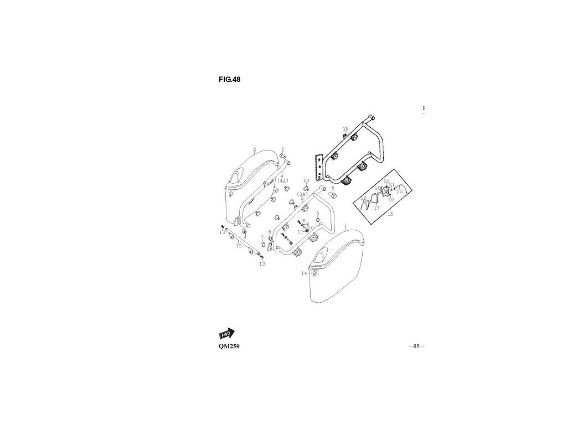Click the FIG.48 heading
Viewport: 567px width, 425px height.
229,79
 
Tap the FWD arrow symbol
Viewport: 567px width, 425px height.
226,334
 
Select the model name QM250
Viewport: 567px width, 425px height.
229,346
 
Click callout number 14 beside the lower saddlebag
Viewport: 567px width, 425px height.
304,273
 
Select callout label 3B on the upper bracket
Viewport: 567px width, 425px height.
345,129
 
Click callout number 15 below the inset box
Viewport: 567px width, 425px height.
390,214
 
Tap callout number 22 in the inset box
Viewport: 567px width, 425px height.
399,191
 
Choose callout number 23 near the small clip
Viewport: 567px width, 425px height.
306,180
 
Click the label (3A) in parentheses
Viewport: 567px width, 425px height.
302,194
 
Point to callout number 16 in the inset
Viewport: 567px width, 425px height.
363,198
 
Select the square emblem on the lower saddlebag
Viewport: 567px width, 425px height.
315,273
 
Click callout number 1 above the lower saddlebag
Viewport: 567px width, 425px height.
345,226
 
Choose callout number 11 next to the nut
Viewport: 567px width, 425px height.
300,231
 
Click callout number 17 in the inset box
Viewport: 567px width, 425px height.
376,208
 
